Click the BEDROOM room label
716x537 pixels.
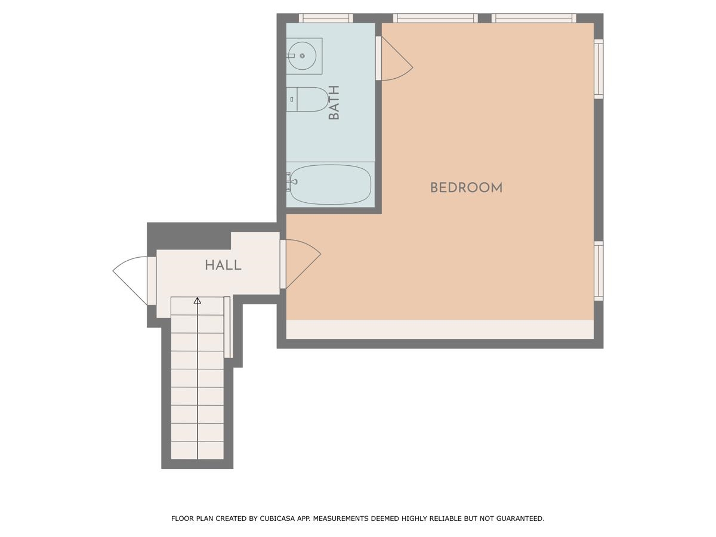(466, 188)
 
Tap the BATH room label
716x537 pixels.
(334, 103)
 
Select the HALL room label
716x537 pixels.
(223, 266)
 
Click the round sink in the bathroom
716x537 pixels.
(303, 56)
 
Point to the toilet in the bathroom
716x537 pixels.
(309, 100)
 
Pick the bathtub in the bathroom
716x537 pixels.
(330, 184)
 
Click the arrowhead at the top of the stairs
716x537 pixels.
(197, 301)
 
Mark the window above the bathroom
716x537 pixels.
(325, 18)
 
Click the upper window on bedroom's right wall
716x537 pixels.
(598, 69)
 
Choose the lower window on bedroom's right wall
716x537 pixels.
(598, 270)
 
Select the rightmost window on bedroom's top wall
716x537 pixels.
(533, 18)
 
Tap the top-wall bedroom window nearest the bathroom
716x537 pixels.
(435, 18)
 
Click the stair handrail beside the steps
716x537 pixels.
(227, 327)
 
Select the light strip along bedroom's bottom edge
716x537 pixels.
(440, 329)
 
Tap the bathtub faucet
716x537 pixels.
(289, 181)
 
